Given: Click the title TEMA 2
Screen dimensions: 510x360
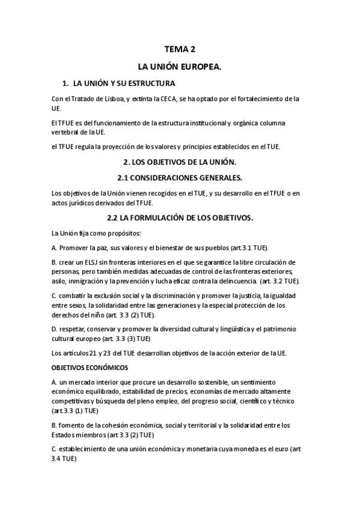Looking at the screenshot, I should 180,50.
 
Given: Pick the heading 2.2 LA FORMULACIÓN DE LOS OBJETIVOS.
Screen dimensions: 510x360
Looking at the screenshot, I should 180,217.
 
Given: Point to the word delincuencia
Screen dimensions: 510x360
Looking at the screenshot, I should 222,281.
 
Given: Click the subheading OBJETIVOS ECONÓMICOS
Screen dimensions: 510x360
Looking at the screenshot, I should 89,367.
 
